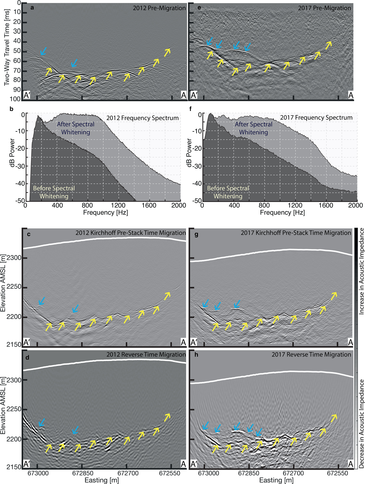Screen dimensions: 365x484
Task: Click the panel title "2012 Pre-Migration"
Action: click(x=159, y=8)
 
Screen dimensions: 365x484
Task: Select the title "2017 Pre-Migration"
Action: click(x=325, y=8)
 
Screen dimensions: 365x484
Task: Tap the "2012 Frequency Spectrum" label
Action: click(x=143, y=118)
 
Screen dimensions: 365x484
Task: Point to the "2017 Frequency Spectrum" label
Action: click(x=317, y=118)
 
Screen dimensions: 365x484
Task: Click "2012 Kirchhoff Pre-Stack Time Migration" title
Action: click(x=131, y=233)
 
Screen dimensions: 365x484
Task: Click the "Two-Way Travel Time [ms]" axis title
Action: click(x=7, y=47)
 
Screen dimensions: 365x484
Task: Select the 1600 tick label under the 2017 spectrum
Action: click(x=326, y=205)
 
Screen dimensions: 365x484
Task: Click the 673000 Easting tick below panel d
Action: click(x=38, y=466)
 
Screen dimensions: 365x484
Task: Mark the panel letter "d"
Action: click(x=28, y=357)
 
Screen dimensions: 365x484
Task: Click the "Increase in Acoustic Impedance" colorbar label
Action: click(x=361, y=271)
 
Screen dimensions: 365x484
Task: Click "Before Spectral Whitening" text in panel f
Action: click(x=228, y=192)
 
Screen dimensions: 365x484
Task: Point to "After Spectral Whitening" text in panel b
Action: click(x=76, y=128)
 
